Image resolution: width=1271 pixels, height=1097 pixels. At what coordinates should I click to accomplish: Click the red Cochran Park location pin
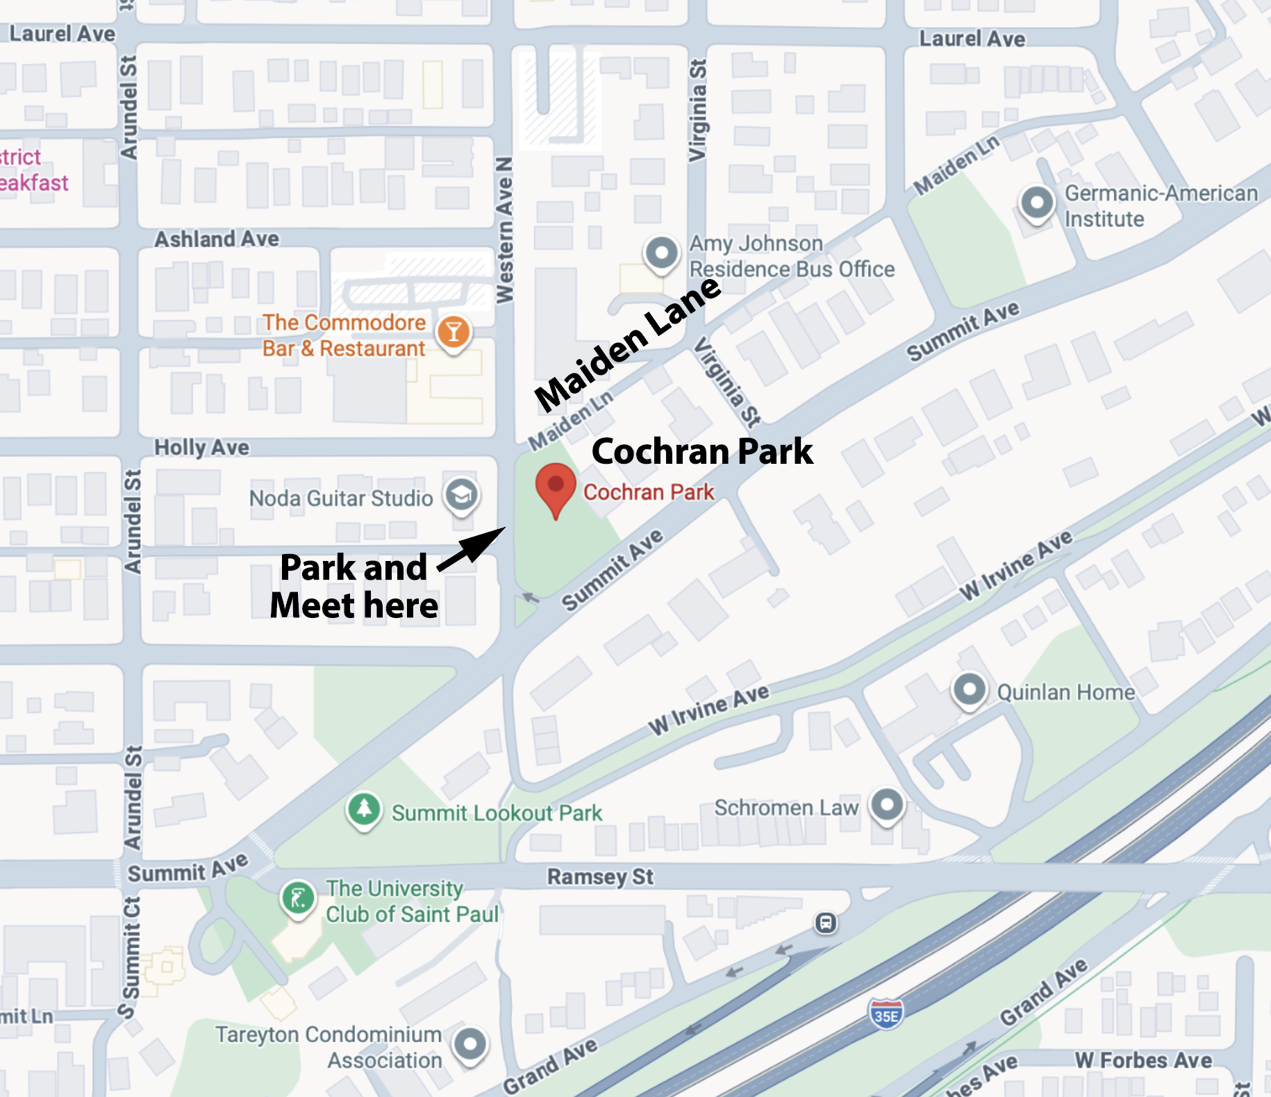pyautogui.click(x=556, y=487)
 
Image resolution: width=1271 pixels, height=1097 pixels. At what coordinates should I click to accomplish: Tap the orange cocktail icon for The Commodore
pyautogui.click(x=454, y=333)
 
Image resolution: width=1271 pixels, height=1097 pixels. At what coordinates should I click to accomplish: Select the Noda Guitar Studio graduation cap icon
pyautogui.click(x=462, y=496)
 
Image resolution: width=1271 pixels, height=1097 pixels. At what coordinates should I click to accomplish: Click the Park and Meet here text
pyautogui.click(x=354, y=587)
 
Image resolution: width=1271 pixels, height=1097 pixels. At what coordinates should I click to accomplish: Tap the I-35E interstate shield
pyautogui.click(x=886, y=1015)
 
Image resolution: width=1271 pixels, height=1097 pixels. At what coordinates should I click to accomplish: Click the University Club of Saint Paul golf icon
pyautogui.click(x=299, y=898)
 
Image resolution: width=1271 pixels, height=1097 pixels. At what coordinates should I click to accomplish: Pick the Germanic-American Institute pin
pyautogui.click(x=1037, y=203)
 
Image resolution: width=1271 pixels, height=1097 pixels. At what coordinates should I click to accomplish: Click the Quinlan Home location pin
pyautogui.click(x=970, y=690)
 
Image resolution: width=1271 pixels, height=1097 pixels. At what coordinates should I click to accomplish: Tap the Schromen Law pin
pyautogui.click(x=887, y=805)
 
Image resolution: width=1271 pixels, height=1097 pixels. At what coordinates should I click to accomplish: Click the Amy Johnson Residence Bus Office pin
pyautogui.click(x=661, y=253)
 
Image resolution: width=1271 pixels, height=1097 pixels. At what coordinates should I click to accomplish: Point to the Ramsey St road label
pyautogui.click(x=600, y=876)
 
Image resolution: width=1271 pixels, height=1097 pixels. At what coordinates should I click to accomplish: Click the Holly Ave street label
pyautogui.click(x=201, y=447)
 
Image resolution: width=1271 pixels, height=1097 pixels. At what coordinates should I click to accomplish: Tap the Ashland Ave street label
pyautogui.click(x=217, y=239)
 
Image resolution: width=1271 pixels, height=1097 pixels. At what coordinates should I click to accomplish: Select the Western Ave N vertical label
pyautogui.click(x=505, y=229)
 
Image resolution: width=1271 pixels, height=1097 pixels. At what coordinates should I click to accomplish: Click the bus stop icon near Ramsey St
pyautogui.click(x=826, y=923)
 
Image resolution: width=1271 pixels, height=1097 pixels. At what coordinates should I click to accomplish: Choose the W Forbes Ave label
pyautogui.click(x=1143, y=1060)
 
